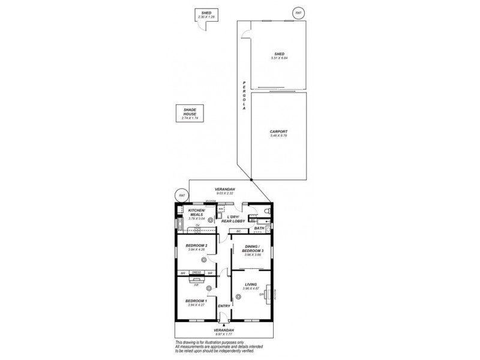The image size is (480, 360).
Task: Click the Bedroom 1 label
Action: (x=196, y=300)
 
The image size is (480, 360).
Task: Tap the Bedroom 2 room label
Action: (x=197, y=245)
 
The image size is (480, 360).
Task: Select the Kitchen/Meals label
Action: (x=197, y=212)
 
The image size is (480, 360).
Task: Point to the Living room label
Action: (x=250, y=284)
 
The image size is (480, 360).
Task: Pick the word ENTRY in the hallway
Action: (x=224, y=306)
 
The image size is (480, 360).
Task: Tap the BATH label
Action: (x=259, y=228)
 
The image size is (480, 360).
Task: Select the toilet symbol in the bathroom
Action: (x=268, y=211)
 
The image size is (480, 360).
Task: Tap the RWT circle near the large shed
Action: (x=298, y=13)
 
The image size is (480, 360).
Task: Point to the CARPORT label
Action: (x=278, y=131)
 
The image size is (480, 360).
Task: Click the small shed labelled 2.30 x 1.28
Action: (x=206, y=14)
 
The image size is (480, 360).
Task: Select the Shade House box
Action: (x=190, y=113)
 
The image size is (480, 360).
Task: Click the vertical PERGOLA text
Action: (x=244, y=94)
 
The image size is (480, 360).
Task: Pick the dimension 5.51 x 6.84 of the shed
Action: (x=279, y=58)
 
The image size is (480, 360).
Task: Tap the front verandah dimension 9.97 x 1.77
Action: (x=224, y=334)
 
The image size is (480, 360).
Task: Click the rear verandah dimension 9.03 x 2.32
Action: (x=225, y=193)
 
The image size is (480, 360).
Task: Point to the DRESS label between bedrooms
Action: (x=196, y=273)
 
